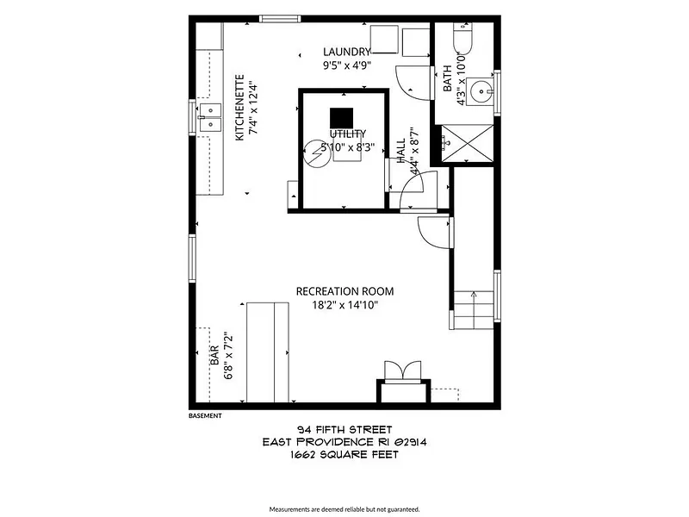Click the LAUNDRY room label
[x=347, y=52]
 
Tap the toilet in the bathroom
[x=462, y=39]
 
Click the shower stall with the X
[x=467, y=143]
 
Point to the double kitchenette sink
[x=210, y=117]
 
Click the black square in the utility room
[x=341, y=118]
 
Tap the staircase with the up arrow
[x=473, y=310]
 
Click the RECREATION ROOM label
[x=345, y=291]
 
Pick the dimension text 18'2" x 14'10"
[x=345, y=305]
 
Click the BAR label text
[x=214, y=355]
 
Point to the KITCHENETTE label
[x=240, y=108]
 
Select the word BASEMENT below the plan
[x=205, y=415]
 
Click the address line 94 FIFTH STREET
[x=344, y=429]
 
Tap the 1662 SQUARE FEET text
[x=344, y=455]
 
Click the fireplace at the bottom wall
[x=403, y=383]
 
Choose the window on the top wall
[x=280, y=18]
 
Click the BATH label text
[x=447, y=78]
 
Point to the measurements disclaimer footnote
[x=344, y=509]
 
